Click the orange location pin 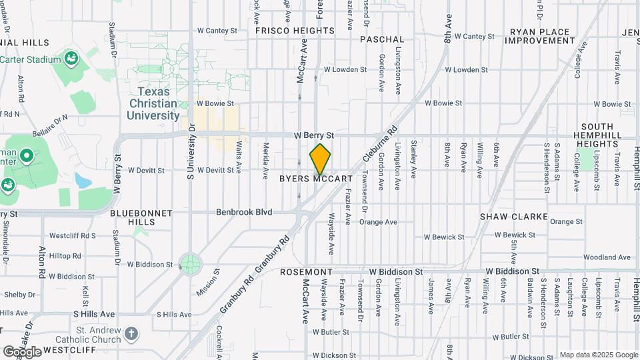(x=320, y=158)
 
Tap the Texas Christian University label (x=153, y=103)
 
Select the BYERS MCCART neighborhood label (x=315, y=179)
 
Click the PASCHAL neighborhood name (x=382, y=39)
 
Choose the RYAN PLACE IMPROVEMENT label (x=540, y=36)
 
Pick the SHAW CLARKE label (x=514, y=217)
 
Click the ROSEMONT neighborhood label (x=306, y=272)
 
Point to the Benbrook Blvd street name (x=244, y=212)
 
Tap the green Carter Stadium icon (x=69, y=59)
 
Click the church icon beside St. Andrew (x=132, y=333)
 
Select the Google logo (x=22, y=351)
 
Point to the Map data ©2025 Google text (x=599, y=355)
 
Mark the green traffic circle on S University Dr (x=190, y=263)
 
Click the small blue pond (x=83, y=180)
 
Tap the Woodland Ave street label (x=606, y=257)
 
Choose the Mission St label (x=208, y=282)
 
